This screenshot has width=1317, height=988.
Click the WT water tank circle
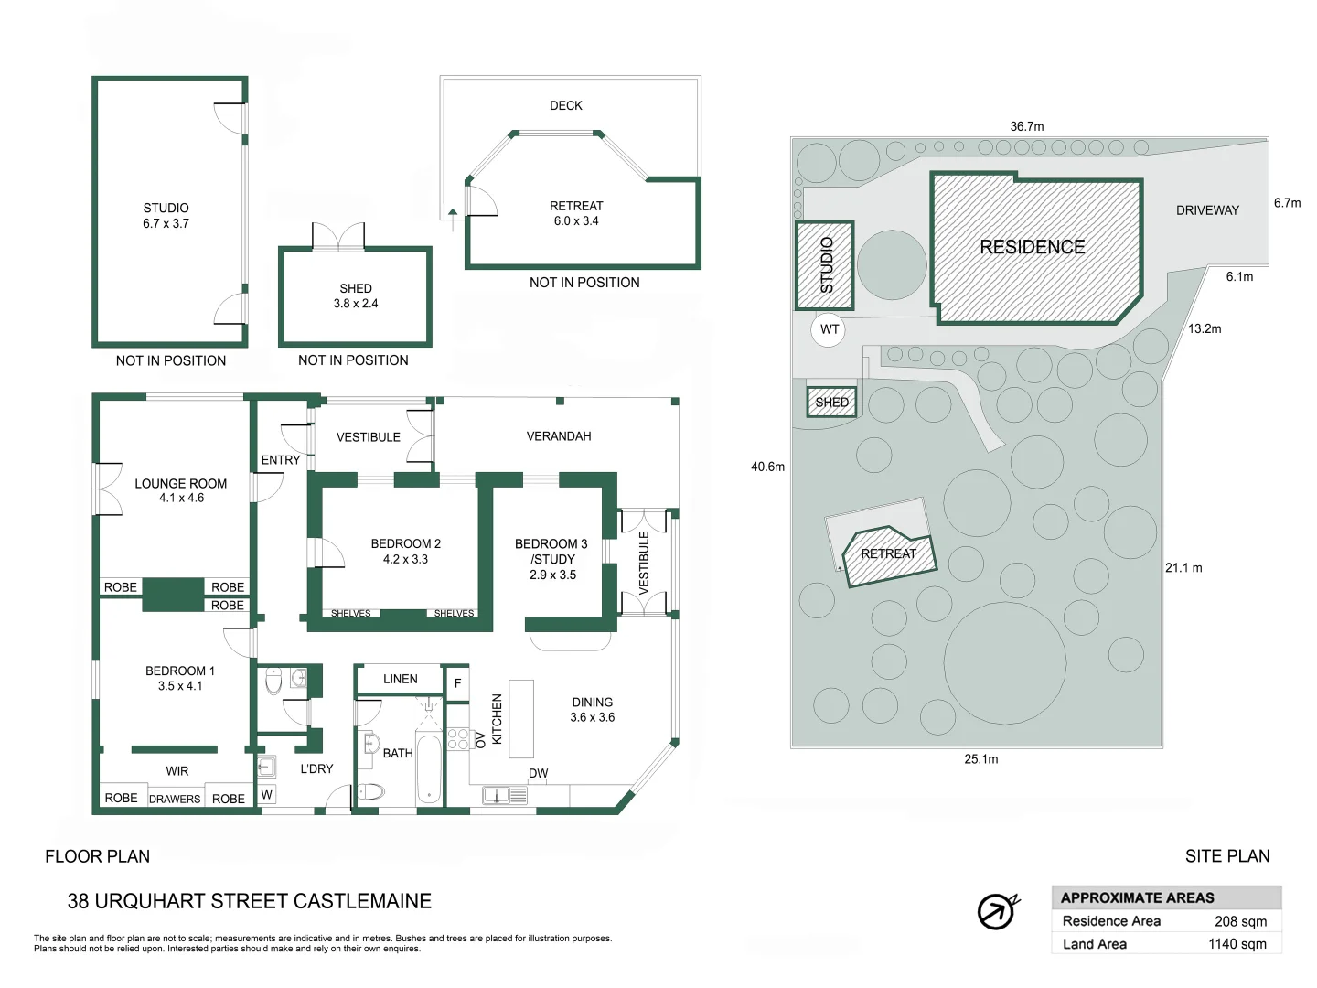[828, 329]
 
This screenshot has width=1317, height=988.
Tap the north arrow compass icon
[997, 911]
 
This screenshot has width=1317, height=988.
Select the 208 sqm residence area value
[1240, 921]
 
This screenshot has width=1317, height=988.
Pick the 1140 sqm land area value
[1237, 944]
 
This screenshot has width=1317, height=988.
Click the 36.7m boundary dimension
[1026, 126]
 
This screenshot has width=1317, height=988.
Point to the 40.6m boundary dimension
[767, 467]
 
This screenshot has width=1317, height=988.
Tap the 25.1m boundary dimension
[981, 759]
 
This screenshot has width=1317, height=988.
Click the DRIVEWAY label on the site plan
[1207, 210]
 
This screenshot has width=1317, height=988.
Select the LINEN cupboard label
[401, 679]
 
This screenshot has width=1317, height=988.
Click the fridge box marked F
[458, 682]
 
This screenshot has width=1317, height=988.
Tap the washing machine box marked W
[267, 795]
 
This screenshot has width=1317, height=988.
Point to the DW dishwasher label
[538, 773]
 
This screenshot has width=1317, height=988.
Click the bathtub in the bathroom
[428, 768]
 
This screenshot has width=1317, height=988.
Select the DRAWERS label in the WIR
[175, 799]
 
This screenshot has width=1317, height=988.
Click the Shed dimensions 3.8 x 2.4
[356, 304]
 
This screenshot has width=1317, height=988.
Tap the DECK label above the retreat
[566, 105]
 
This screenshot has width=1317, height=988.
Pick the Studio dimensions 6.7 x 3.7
[166, 224]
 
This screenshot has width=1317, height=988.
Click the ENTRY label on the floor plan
[280, 460]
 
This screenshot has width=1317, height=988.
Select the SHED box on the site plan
[831, 402]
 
